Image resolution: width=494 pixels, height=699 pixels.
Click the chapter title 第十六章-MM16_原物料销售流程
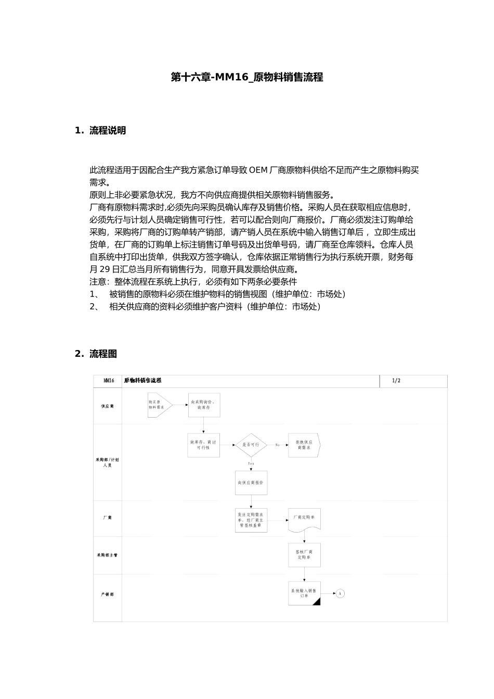click(247, 77)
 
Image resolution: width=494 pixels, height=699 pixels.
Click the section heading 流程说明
click(107, 131)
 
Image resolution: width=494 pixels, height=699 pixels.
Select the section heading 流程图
click(103, 354)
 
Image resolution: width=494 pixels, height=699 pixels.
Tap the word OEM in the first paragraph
click(258, 170)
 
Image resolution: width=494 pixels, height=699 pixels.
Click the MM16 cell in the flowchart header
click(108, 381)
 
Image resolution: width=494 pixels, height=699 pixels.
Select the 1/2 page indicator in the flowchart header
click(396, 381)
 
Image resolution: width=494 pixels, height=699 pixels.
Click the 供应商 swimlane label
click(107, 406)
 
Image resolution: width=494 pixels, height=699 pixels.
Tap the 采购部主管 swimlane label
click(107, 555)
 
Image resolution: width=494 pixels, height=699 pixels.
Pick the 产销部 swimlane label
click(107, 594)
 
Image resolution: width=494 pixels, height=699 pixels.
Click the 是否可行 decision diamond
click(251, 445)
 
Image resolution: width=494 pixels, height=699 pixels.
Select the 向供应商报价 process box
click(251, 483)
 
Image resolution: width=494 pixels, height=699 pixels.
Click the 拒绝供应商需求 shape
click(304, 445)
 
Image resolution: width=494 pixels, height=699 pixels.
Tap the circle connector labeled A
click(340, 593)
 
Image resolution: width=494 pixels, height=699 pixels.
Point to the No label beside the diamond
click(278, 445)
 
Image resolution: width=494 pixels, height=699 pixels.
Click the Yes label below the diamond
click(251, 463)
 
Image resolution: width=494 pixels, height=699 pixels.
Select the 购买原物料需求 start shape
click(158, 405)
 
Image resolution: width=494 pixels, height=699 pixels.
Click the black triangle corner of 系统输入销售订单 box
click(317, 602)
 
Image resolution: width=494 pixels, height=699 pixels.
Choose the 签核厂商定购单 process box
click(304, 555)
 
